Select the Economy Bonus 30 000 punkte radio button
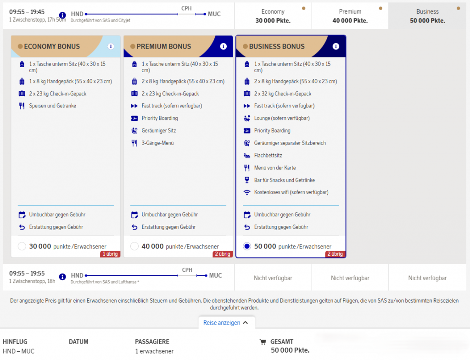22,247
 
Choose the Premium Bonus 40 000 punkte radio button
134,247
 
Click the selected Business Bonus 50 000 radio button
247,247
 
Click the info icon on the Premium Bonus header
224,46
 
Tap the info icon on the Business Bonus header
336,46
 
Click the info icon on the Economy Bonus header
111,46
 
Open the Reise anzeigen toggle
226,323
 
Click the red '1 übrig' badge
110,254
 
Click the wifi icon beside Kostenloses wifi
246,192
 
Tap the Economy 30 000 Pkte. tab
273,16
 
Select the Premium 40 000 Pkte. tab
350,16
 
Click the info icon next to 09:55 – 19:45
62,15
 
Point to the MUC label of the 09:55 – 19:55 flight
216,276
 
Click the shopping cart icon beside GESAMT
263,342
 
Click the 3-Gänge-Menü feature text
157,143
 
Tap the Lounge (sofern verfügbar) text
282,118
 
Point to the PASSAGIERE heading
152,342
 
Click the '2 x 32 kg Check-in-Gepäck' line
283,94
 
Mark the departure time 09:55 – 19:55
27,273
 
